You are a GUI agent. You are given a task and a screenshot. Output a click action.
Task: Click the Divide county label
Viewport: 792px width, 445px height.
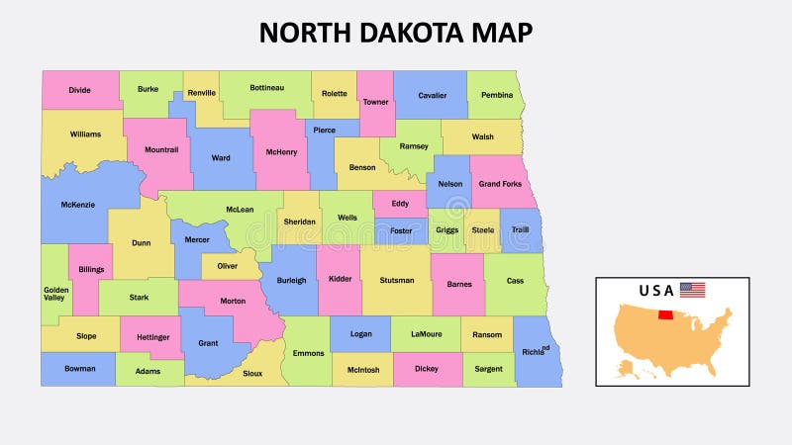pyautogui.click(x=80, y=90)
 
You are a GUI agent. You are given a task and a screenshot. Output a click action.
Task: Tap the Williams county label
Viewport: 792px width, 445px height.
pyautogui.click(x=85, y=133)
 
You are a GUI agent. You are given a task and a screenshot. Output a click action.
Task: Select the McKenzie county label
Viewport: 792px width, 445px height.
pyautogui.click(x=77, y=206)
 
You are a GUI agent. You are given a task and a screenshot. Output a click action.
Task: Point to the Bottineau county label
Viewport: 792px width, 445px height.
pyautogui.click(x=266, y=88)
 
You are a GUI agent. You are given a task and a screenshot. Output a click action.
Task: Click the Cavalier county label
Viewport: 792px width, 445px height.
pyautogui.click(x=432, y=96)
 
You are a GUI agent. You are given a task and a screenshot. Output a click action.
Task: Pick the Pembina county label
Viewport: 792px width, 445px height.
pyautogui.click(x=497, y=96)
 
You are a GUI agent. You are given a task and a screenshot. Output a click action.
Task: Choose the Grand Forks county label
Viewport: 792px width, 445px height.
pyautogui.click(x=501, y=184)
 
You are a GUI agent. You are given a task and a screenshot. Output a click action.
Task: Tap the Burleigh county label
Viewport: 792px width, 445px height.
pyautogui.click(x=291, y=280)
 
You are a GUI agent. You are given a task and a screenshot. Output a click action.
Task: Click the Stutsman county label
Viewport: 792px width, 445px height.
pyautogui.click(x=397, y=281)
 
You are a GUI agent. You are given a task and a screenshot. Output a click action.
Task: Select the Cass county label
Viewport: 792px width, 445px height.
pyautogui.click(x=515, y=281)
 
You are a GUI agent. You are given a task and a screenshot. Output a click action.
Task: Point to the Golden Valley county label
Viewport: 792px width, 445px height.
pyautogui.click(x=55, y=294)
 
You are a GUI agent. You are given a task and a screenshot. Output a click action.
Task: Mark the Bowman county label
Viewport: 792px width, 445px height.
pyautogui.click(x=80, y=369)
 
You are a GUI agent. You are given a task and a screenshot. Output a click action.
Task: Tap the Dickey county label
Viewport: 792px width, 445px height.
pyautogui.click(x=427, y=369)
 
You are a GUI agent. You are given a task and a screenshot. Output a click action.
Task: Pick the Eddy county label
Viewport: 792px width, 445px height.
pyautogui.click(x=400, y=204)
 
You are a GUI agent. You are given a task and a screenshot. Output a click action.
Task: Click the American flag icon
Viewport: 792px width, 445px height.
pyautogui.click(x=693, y=290)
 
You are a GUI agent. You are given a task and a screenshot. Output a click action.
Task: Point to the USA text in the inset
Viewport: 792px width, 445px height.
pyautogui.click(x=656, y=291)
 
